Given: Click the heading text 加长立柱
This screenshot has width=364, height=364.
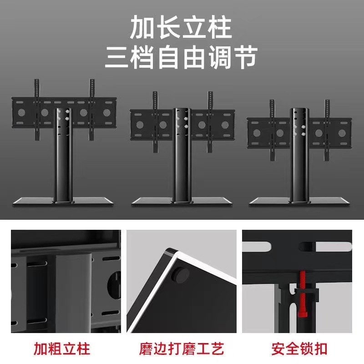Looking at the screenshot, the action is coord(181,28).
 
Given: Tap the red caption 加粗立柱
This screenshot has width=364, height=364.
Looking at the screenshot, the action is coord(62,349).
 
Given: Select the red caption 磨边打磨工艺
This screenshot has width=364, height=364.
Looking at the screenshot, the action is coord(182,349).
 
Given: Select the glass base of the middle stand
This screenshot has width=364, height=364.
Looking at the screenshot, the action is coord(181,201).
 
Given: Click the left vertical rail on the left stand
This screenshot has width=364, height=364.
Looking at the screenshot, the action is coord(37,109).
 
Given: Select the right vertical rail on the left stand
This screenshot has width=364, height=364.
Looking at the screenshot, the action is coord(92,109).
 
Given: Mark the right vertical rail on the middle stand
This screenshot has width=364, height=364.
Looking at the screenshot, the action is coord(210,121).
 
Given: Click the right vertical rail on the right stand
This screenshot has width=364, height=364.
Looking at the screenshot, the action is coord(327,127).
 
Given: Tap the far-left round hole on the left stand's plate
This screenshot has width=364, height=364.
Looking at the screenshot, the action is coord(20,112).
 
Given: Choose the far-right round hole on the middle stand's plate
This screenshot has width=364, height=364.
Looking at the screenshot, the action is coord(224,124).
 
